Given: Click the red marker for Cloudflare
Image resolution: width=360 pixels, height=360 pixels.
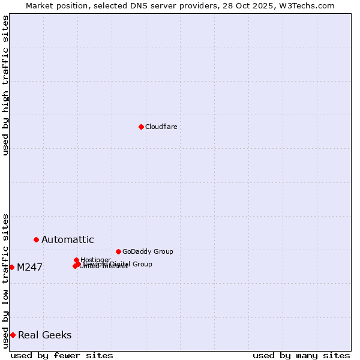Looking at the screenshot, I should [141, 127].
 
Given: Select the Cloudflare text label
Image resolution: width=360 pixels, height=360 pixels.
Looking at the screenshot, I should [161, 127].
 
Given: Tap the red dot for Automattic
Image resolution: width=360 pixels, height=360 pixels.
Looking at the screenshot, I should [36, 239].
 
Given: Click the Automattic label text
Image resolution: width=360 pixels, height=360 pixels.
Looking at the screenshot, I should [67, 240].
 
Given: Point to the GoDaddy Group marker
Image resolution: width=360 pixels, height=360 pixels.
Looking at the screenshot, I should [118, 251].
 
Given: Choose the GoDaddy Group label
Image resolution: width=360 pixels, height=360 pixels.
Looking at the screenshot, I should [147, 251].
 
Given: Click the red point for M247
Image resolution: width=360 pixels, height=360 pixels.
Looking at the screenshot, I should [11, 267].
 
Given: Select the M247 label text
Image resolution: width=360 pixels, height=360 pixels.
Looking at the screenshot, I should [29, 268].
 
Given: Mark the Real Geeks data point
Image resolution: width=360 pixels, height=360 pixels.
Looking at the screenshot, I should [13, 335].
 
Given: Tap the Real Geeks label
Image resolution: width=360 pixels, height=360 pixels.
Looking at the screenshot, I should [44, 335].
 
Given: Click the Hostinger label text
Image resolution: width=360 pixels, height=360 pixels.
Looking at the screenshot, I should [95, 260].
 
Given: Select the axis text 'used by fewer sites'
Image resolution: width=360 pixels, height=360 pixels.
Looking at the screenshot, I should [62, 355].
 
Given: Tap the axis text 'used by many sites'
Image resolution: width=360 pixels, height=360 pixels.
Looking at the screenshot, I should [301, 355].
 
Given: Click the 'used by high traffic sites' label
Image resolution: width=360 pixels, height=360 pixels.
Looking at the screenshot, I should [5, 85].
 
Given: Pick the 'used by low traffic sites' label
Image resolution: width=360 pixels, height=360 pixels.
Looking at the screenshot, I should [5, 281].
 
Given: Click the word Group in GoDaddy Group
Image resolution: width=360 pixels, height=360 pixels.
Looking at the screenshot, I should [163, 251].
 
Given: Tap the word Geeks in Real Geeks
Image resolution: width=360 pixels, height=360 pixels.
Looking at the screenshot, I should [58, 335].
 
